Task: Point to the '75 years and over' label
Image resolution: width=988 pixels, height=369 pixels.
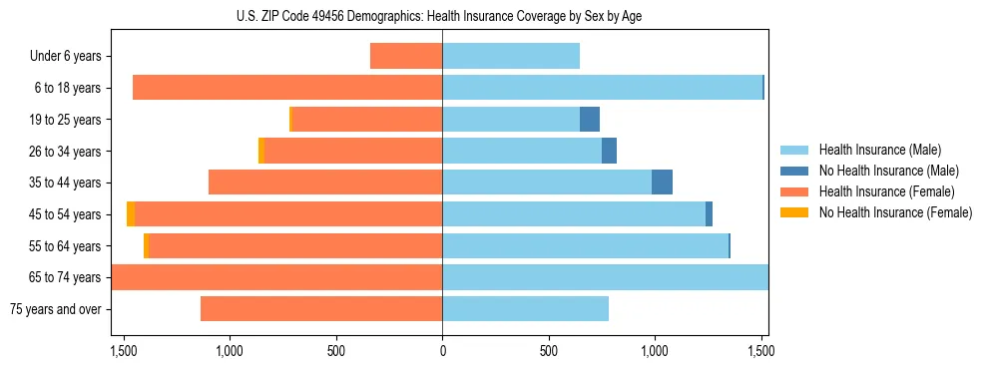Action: (56, 309)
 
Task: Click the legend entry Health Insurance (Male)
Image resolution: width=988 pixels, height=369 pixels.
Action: (879, 150)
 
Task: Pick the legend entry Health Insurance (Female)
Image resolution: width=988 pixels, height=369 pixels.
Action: (886, 191)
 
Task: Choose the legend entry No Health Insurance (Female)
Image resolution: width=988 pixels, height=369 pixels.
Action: (895, 212)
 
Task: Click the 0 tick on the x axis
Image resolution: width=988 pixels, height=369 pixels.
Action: (442, 351)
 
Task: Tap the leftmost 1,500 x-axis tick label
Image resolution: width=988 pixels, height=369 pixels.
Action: (124, 351)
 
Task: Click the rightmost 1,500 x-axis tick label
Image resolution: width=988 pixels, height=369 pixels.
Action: (761, 351)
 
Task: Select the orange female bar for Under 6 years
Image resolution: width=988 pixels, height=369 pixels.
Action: (406, 56)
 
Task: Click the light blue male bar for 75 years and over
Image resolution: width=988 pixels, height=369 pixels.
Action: (525, 309)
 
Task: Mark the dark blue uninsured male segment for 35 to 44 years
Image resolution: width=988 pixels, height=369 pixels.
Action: (662, 183)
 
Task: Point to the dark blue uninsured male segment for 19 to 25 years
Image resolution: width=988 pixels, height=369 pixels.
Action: (590, 120)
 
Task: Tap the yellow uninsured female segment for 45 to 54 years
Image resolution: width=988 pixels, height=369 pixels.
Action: (131, 214)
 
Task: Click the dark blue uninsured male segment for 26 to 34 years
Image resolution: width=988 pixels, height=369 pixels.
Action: (609, 151)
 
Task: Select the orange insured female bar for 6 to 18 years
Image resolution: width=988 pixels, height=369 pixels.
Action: (287, 88)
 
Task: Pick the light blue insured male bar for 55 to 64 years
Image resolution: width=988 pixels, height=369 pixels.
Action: (585, 245)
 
